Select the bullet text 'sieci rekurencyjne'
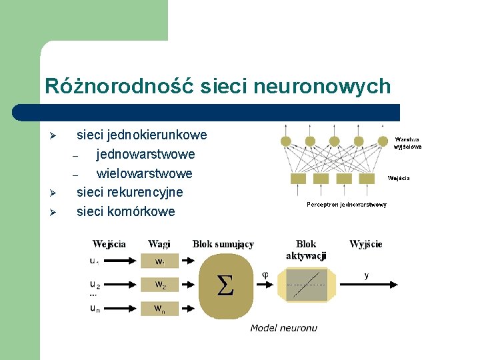pos(129,193)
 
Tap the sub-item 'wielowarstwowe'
pos(144,173)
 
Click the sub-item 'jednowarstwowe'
pos(145,155)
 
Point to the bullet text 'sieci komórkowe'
pos(125,212)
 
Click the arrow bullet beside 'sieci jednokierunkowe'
pos(56,137)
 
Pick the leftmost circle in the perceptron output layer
pos(286,141)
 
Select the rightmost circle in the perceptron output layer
pos(383,141)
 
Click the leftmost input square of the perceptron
pos(298,179)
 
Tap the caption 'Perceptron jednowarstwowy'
pos(346,205)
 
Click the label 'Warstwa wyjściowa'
pos(407,143)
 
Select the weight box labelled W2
pos(160,285)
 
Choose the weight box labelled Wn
pos(160,309)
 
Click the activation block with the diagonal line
pos(306,285)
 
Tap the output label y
pos(366,275)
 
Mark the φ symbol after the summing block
pos(265,274)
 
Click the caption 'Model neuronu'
pos(283,327)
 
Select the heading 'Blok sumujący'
pos(223,245)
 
